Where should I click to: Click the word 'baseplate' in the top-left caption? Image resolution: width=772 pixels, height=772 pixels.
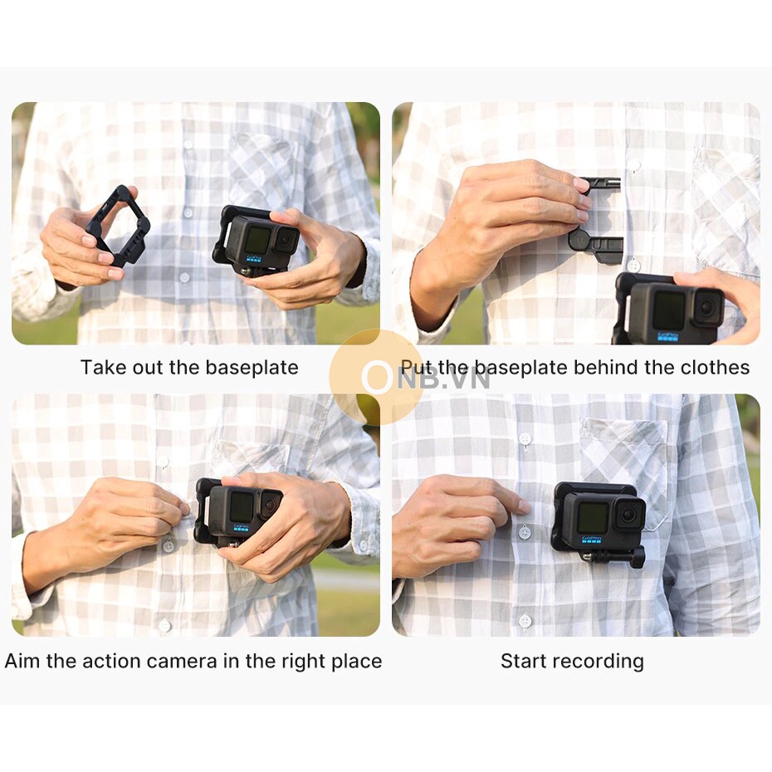252,368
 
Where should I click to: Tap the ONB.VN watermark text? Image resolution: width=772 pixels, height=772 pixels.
427,378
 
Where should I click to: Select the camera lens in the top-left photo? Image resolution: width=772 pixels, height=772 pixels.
286,241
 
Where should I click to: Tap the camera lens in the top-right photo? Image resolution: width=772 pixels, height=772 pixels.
708,307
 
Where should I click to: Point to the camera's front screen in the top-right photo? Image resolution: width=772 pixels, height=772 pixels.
669,310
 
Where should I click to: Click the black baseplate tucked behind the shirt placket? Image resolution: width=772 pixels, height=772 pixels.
597,220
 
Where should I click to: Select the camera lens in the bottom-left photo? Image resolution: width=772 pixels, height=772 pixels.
269,505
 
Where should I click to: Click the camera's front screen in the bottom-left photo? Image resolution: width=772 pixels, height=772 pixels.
242,506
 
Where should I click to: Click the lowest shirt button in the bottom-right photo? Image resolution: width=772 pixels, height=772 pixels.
525,620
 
